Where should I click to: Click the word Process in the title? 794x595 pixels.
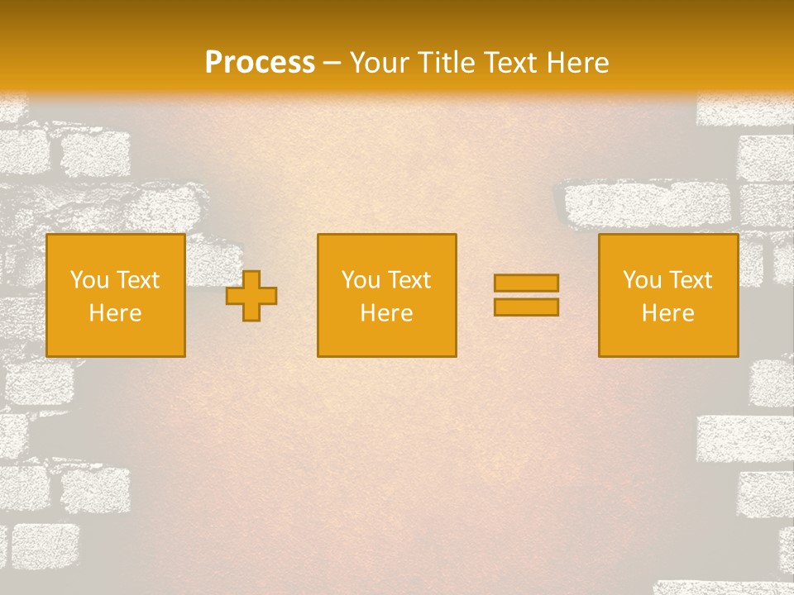pyautogui.click(x=260, y=63)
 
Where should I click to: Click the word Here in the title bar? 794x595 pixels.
pyautogui.click(x=579, y=63)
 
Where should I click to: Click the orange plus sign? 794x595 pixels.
pyautogui.click(x=251, y=296)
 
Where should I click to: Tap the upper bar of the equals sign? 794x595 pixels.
pyautogui.click(x=526, y=283)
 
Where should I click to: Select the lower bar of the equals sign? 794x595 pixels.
pyautogui.click(x=526, y=307)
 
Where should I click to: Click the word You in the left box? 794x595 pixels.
pyautogui.click(x=89, y=280)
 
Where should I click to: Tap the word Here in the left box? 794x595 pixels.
pyautogui.click(x=116, y=313)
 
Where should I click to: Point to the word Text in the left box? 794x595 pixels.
pyautogui.click(x=137, y=280)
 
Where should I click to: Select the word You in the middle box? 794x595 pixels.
pyautogui.click(x=361, y=280)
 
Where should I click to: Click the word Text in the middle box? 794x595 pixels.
pyautogui.click(x=409, y=280)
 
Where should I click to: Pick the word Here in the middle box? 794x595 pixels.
pyautogui.click(x=387, y=313)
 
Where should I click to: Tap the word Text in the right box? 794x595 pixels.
pyautogui.click(x=690, y=280)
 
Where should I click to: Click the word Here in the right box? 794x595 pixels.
pyautogui.click(x=668, y=313)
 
